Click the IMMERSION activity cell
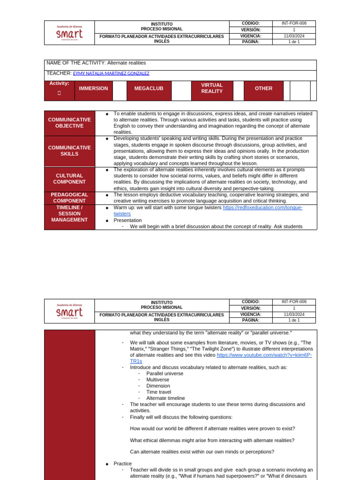click(x=93, y=89)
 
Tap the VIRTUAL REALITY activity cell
click(x=212, y=89)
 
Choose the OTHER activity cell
click(x=263, y=89)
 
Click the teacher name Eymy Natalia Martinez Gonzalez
click(x=111, y=74)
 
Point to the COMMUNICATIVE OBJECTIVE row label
click(x=69, y=123)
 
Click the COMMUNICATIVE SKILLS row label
click(x=69, y=151)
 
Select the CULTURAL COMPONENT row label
click(x=69, y=179)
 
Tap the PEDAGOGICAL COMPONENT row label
click(x=69, y=198)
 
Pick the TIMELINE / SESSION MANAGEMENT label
click(x=69, y=214)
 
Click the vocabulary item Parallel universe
click(x=165, y=374)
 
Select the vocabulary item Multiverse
click(x=157, y=380)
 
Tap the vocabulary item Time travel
click(x=158, y=392)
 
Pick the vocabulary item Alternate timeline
click(x=165, y=398)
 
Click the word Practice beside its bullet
click(x=123, y=464)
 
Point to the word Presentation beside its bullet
click(x=127, y=220)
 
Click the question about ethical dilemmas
click(x=212, y=440)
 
